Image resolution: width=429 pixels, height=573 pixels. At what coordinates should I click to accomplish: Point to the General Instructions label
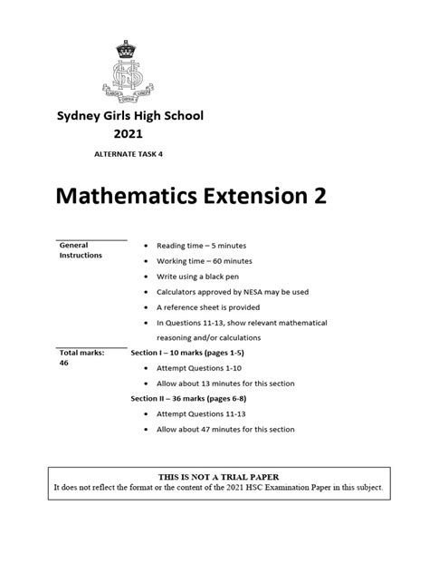pos(81,250)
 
